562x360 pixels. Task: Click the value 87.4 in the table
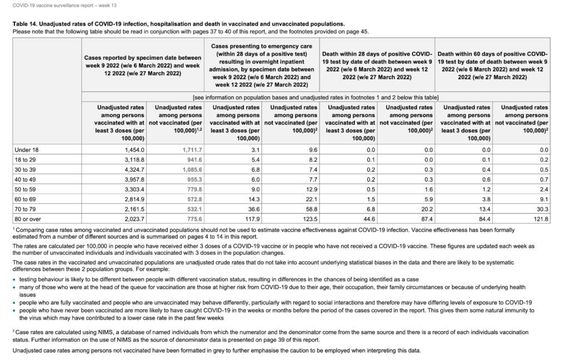coord(424,219)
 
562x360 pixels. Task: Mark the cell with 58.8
coord(309,209)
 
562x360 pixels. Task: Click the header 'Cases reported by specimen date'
coord(142,57)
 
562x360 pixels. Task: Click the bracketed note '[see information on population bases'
coord(316,97)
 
